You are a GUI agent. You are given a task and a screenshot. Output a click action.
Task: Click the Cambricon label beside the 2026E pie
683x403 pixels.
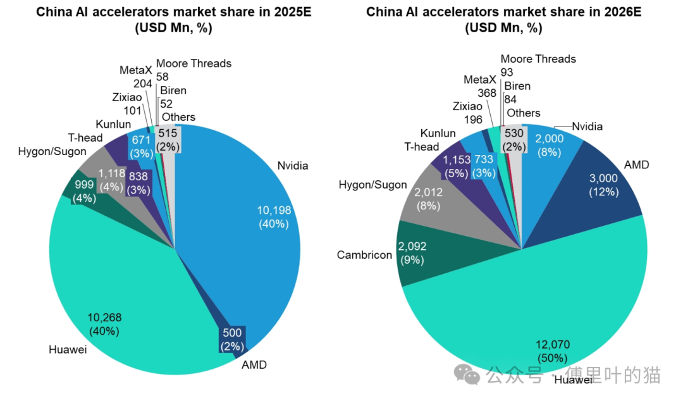(x=364, y=255)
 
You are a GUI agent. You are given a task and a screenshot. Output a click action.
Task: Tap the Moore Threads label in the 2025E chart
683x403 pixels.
(x=194, y=63)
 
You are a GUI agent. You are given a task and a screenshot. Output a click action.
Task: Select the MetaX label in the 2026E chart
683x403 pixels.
(x=480, y=80)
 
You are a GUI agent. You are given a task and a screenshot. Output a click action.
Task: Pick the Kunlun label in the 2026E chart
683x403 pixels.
(x=438, y=133)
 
